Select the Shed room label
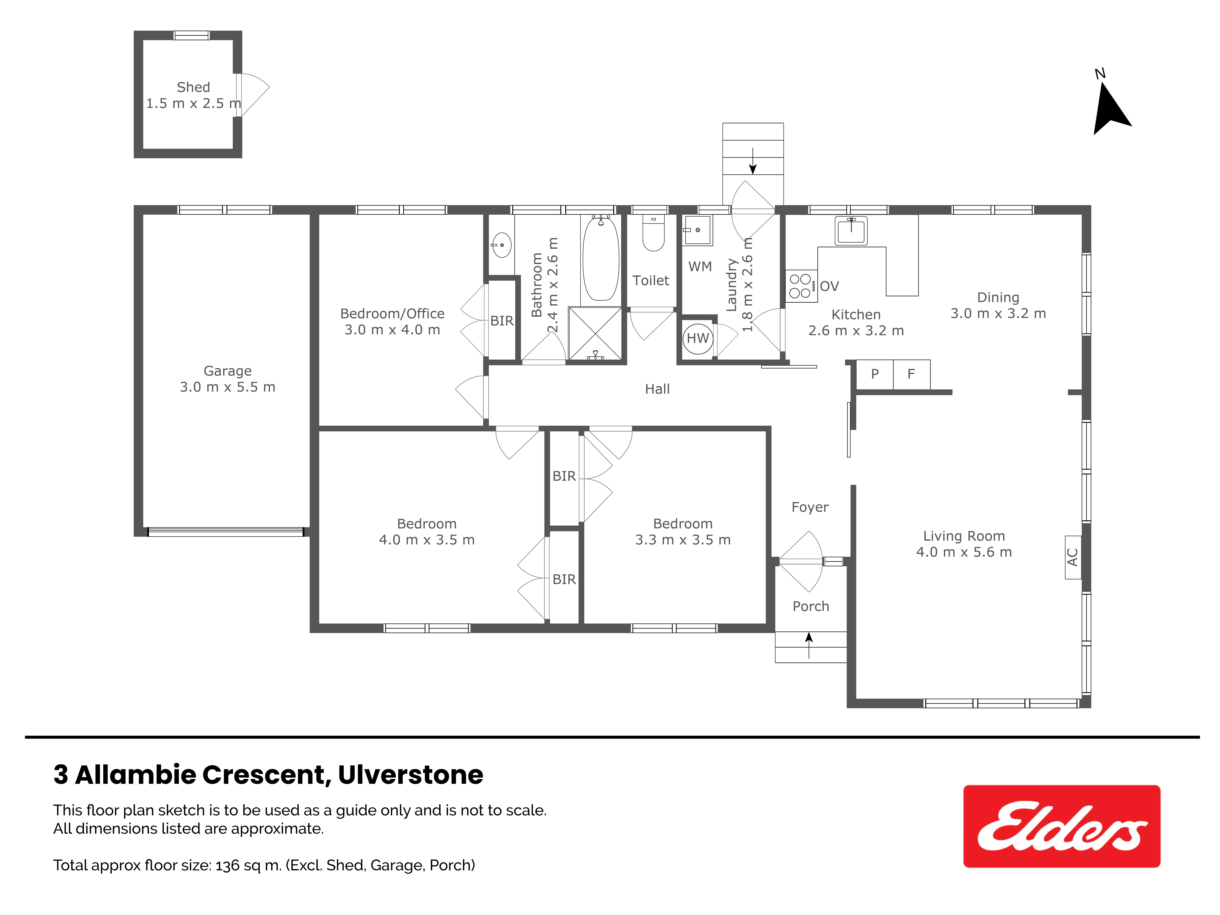(x=193, y=87)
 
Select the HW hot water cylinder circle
(x=698, y=338)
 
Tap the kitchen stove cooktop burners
(x=800, y=286)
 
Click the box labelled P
(x=875, y=375)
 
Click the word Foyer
(x=810, y=507)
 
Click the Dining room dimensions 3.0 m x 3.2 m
(x=998, y=313)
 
